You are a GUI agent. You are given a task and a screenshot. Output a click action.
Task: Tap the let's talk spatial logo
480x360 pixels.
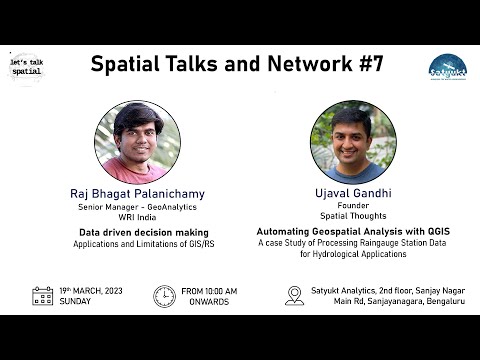[26, 68]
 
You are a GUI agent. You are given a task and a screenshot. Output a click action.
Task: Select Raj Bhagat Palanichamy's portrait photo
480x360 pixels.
[137, 141]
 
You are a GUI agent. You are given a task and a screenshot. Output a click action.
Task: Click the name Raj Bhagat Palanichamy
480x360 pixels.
[137, 193]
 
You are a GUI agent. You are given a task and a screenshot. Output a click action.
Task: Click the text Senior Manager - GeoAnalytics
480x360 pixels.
[137, 207]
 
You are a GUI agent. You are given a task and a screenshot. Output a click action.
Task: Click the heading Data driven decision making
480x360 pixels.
[137, 232]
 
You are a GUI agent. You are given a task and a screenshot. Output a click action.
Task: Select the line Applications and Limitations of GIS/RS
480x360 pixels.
[137, 243]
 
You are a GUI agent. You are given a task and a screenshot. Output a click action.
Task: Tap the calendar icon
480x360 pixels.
[42, 296]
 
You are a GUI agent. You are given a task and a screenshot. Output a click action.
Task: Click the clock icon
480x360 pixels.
[163, 296]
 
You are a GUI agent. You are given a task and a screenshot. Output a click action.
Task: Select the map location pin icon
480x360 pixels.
[294, 296]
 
